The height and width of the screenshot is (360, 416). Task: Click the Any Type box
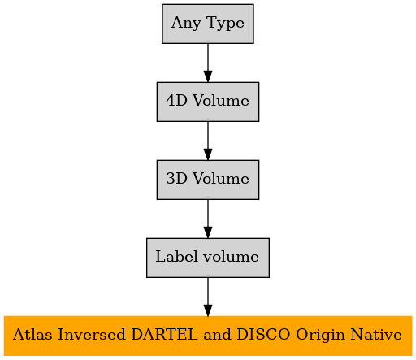tap(208, 24)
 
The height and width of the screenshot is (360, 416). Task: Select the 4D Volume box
tap(208, 102)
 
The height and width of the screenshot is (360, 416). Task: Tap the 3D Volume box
tap(208, 180)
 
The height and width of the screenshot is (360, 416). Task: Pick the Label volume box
tap(208, 258)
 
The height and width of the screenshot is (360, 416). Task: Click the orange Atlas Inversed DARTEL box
tap(208, 336)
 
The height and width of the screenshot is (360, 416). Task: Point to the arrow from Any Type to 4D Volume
tap(208, 63)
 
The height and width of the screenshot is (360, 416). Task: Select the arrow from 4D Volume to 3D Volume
tap(208, 141)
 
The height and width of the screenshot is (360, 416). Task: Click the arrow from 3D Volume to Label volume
tap(208, 219)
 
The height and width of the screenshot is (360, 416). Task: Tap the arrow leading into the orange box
tap(208, 297)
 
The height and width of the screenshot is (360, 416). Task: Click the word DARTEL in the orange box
tap(165, 335)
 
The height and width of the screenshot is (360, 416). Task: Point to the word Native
tap(376, 335)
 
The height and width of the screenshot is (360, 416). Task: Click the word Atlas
tap(32, 335)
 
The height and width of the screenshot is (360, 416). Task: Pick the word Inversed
tap(92, 335)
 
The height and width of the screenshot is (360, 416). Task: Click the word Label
tap(176, 256)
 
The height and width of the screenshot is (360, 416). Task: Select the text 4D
tap(176, 101)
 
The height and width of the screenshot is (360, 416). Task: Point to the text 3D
tap(176, 179)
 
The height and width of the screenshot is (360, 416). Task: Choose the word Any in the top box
tap(186, 24)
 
